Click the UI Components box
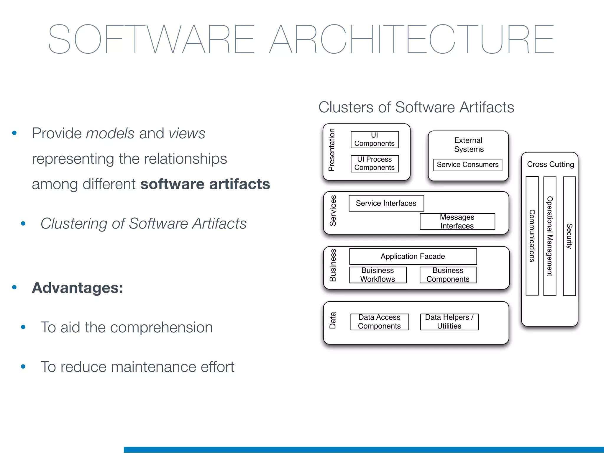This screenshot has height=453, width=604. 375,139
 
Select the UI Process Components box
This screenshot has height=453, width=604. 375,164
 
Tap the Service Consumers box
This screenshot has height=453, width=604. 467,165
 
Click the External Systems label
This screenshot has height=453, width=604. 468,145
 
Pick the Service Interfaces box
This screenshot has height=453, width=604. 386,203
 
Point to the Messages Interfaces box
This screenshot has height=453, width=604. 457,221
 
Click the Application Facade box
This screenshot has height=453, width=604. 413,256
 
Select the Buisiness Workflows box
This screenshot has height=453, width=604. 378,275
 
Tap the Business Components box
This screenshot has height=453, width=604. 448,275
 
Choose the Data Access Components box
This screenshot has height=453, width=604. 380,322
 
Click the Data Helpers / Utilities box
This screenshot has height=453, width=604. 449,322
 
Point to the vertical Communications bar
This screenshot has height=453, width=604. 532,236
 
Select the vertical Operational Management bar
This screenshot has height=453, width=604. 550,236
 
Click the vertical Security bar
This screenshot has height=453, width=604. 569,236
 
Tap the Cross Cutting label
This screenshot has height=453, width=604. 550,164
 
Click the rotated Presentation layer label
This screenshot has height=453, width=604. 332,150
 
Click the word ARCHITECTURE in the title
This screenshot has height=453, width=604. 411,39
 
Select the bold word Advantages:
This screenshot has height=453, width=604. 78,288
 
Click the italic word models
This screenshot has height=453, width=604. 110,133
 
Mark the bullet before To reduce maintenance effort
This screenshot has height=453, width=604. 23,367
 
